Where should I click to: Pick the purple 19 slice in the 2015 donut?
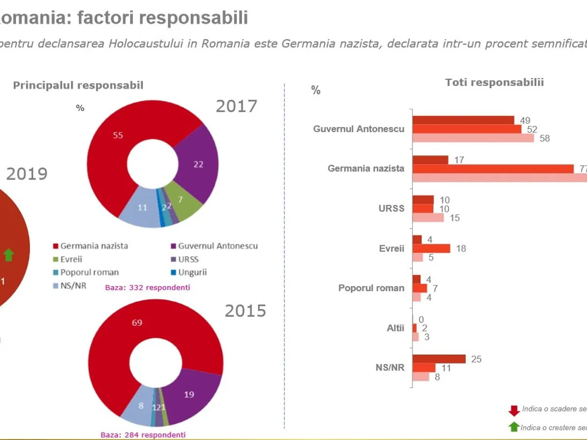pyautogui.click(x=191, y=394)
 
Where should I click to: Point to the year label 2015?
pyautogui.click(x=245, y=311)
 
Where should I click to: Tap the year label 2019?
pyautogui.click(x=26, y=174)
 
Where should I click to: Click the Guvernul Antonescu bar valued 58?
pyautogui.click(x=473, y=138)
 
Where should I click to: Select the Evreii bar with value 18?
pyautogui.click(x=431, y=248)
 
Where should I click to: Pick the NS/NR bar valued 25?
pyautogui.click(x=439, y=359)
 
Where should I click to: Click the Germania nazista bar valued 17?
pyautogui.click(x=430, y=160)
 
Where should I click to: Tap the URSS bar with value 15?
pyautogui.click(x=428, y=218)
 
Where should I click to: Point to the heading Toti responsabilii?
pyautogui.click(x=494, y=82)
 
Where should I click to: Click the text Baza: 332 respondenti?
pyautogui.click(x=147, y=287)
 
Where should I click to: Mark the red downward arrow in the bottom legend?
pyautogui.click(x=514, y=410)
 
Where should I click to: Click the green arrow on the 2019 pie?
pyautogui.click(x=9, y=255)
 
